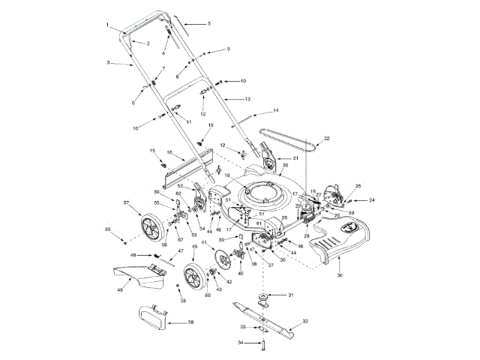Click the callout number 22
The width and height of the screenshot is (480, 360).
[x=326, y=139]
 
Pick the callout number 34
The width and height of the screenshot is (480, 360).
[x=241, y=342]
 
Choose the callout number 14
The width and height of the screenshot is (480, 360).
[x=275, y=110]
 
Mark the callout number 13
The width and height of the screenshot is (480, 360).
[x=247, y=99]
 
